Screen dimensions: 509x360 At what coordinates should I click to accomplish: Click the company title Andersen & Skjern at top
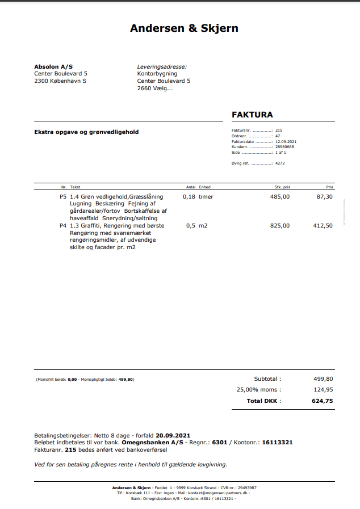[184, 28]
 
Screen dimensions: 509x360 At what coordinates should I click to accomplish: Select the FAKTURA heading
[252, 115]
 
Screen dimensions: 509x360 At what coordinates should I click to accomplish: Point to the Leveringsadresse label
[162, 66]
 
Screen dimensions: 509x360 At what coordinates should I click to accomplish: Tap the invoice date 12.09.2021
[286, 141]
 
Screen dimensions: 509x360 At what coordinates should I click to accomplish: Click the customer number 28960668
[284, 147]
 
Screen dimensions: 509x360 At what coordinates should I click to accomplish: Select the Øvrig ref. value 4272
[280, 163]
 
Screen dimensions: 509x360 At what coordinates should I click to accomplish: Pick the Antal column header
[191, 187]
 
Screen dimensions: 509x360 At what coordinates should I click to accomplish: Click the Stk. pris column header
[282, 187]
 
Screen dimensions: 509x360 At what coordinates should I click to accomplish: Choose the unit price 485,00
[279, 196]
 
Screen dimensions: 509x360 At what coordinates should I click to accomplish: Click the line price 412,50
[323, 225]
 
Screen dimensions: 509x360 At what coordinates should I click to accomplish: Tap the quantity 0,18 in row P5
[189, 196]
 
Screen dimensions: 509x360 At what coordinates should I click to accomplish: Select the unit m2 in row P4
[203, 225]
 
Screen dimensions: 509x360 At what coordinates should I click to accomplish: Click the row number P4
[63, 225]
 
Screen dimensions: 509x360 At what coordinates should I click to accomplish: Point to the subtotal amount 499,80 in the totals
[323, 378]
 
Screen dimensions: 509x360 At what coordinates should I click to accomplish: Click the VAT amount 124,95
[323, 390]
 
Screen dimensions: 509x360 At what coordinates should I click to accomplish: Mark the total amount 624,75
[322, 401]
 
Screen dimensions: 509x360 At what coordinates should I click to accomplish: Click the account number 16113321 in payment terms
[277, 442]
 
